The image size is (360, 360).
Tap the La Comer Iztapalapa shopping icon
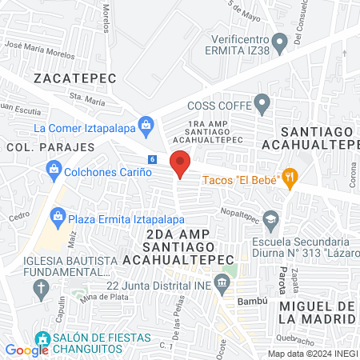[146, 124]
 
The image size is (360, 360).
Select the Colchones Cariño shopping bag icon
[54, 169]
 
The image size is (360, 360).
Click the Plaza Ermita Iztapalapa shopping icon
[58, 215]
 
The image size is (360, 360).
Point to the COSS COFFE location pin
[262, 103]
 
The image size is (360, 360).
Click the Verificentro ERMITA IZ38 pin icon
[278, 41]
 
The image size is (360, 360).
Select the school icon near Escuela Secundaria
[272, 219]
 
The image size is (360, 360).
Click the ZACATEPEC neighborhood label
[75, 78]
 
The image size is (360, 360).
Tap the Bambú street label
[246, 301]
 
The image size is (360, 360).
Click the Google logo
[27, 350]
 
